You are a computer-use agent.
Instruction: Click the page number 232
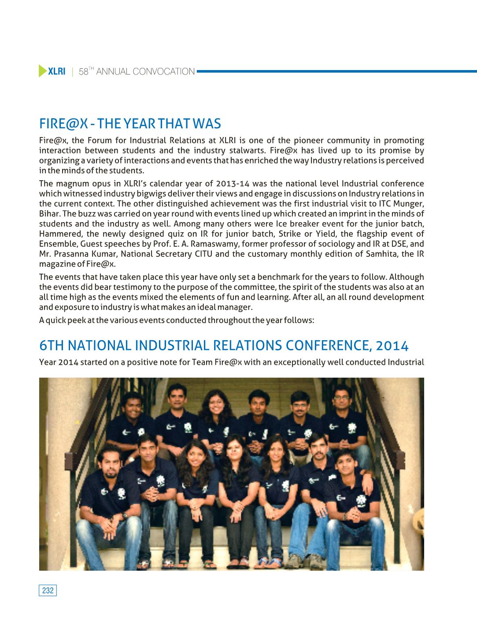point(48,591)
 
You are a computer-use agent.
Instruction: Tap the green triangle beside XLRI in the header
point(42,71)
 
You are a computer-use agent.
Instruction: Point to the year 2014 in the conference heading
point(395,345)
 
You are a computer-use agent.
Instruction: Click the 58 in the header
point(83,72)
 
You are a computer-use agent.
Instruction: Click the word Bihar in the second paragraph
point(48,214)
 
